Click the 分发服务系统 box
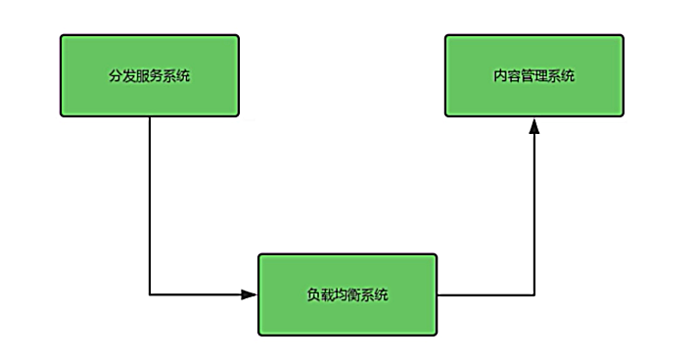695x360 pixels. [x=149, y=76]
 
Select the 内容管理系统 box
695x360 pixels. [x=533, y=76]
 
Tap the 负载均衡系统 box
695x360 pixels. [x=347, y=294]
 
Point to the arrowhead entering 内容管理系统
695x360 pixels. [x=534, y=125]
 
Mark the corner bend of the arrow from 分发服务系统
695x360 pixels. [x=149, y=293]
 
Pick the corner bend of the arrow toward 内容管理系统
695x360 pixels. [x=534, y=293]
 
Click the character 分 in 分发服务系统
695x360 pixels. [x=116, y=76]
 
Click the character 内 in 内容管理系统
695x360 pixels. [x=500, y=76]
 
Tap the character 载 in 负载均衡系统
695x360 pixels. [x=327, y=294]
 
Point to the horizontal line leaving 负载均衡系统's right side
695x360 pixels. [x=485, y=293]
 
